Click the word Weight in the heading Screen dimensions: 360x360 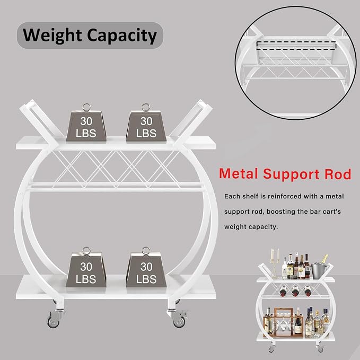[x=52, y=36]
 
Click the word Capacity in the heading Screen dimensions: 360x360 [x=122, y=36]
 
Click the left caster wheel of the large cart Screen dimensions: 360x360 [x=53, y=321]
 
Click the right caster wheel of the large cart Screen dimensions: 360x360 [x=179, y=321]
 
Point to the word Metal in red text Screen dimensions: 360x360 [x=238, y=173]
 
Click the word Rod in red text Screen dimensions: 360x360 [x=338, y=174]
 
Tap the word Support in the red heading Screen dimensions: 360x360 [x=291, y=174]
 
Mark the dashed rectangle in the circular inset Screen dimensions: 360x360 [x=296, y=45]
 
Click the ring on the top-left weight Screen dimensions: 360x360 [x=86, y=108]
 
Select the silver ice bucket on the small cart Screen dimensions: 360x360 [x=319, y=270]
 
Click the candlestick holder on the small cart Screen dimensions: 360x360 [x=275, y=264]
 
